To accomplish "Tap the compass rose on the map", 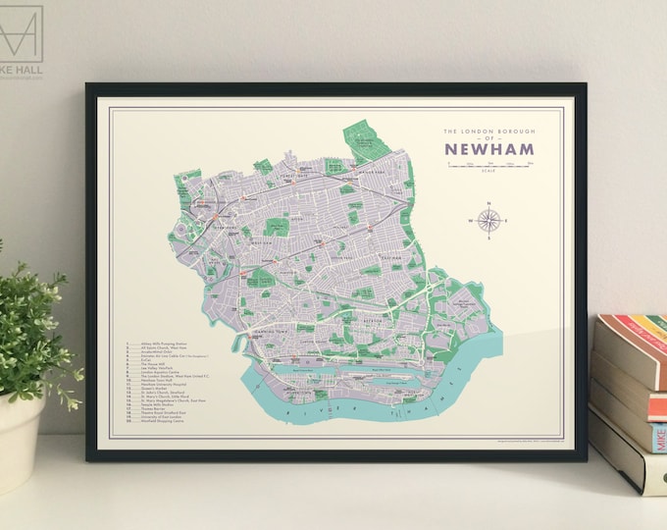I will pyautogui.click(x=489, y=220).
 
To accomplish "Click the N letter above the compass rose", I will pyautogui.click(x=489, y=202).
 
